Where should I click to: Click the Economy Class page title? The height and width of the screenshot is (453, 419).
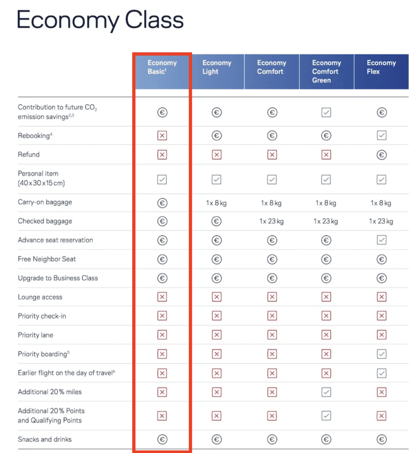100,20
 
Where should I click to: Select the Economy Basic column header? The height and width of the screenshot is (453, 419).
162,67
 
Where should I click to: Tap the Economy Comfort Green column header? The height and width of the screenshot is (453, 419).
327,72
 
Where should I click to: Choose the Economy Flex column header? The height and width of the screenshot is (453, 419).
381,67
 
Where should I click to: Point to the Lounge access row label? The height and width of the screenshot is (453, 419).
40,297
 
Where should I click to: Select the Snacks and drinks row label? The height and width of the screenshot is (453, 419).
45,439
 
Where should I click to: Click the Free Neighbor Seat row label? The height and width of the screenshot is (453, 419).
47,259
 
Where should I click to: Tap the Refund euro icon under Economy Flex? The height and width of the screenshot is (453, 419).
381,155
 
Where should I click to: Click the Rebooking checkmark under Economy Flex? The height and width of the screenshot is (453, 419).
381,136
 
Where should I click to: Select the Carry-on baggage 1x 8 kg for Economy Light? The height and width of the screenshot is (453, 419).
216,203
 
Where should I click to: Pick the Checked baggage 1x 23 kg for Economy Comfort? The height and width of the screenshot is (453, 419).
272,221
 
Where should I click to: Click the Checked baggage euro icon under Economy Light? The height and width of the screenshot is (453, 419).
216,221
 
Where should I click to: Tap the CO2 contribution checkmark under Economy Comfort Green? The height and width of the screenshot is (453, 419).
326,113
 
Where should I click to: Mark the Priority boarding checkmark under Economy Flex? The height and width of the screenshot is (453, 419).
381,354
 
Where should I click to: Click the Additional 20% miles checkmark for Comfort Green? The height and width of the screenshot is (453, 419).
326,392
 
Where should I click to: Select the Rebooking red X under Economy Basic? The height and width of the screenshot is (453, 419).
162,136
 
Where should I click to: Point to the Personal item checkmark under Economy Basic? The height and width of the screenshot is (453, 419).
162,179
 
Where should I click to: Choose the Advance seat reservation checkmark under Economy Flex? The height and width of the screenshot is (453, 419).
381,240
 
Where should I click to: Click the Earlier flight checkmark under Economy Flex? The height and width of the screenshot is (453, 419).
381,373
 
